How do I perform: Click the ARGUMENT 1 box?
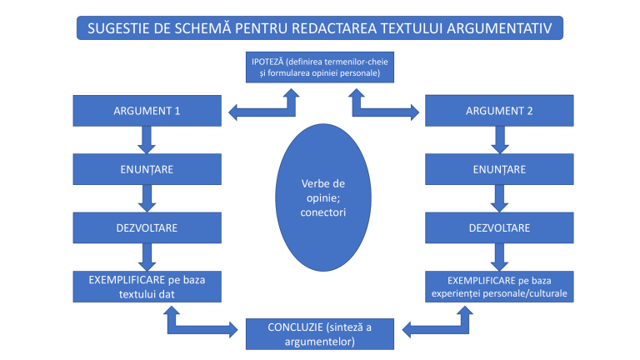coord(147,111)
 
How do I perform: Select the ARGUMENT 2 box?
coord(498,111)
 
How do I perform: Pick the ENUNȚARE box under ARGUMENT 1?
coord(147,169)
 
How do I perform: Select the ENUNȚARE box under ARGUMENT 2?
coord(498,169)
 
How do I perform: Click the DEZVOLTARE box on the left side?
coord(147,227)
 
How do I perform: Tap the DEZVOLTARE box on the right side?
coord(498,227)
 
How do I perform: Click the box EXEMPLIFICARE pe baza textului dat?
coord(147,286)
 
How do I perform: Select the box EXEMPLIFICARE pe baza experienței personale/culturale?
coord(498,286)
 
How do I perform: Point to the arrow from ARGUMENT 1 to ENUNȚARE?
coord(147,140)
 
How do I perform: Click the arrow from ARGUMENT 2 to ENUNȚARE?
coord(499,140)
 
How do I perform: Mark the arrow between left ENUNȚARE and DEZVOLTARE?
coord(147,198)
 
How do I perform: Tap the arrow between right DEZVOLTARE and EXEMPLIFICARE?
coord(499,256)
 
